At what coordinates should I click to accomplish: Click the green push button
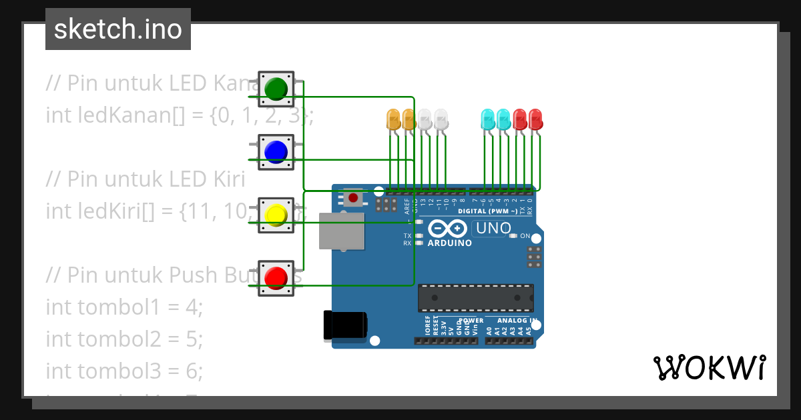pyautogui.click(x=276, y=89)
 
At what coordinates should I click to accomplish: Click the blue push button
pyautogui.click(x=276, y=152)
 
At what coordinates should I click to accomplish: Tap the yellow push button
pyautogui.click(x=276, y=215)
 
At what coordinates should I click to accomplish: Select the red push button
pyautogui.click(x=276, y=278)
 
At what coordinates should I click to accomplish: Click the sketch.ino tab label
pyautogui.click(x=118, y=29)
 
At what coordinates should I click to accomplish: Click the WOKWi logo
pyautogui.click(x=709, y=367)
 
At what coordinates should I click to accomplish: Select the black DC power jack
pyautogui.click(x=344, y=325)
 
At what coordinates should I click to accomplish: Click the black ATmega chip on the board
pyautogui.click(x=475, y=298)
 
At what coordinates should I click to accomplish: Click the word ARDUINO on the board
pyautogui.click(x=449, y=243)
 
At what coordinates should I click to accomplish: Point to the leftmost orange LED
pyautogui.click(x=393, y=120)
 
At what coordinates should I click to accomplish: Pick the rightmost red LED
pyautogui.click(x=535, y=120)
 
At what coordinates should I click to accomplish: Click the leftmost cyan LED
pyautogui.click(x=488, y=120)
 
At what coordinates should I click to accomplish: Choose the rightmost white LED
pyautogui.click(x=441, y=120)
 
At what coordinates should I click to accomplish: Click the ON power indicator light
pyautogui.click(x=513, y=236)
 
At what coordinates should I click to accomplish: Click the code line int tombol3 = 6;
pyautogui.click(x=123, y=370)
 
